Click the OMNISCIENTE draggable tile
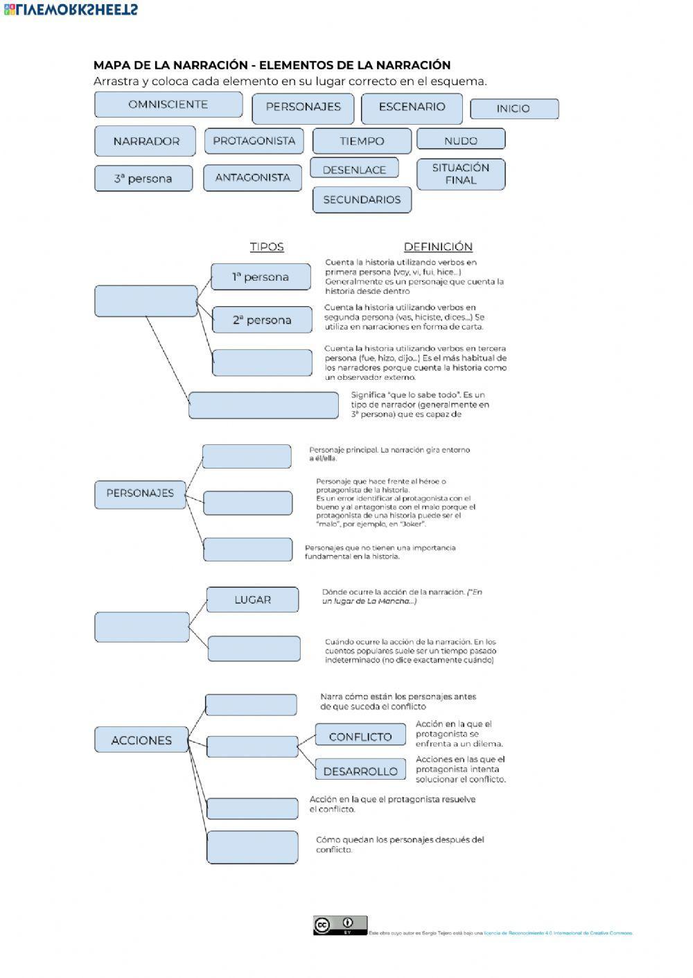(x=168, y=105)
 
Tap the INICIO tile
(x=514, y=109)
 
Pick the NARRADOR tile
(x=146, y=141)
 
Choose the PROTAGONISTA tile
(x=254, y=141)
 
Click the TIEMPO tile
(x=362, y=141)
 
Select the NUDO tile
(x=461, y=141)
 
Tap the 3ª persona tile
(x=143, y=179)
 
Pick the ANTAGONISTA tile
(x=252, y=178)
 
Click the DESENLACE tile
(x=354, y=170)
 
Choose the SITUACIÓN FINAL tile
(x=461, y=174)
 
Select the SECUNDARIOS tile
(x=362, y=200)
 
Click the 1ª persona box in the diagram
(x=261, y=277)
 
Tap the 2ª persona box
(x=262, y=320)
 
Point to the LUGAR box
(x=252, y=600)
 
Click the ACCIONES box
(x=141, y=740)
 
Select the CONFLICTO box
(x=360, y=737)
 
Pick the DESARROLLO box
(x=360, y=771)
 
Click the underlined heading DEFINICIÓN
(x=438, y=247)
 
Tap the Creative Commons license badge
(x=340, y=925)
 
